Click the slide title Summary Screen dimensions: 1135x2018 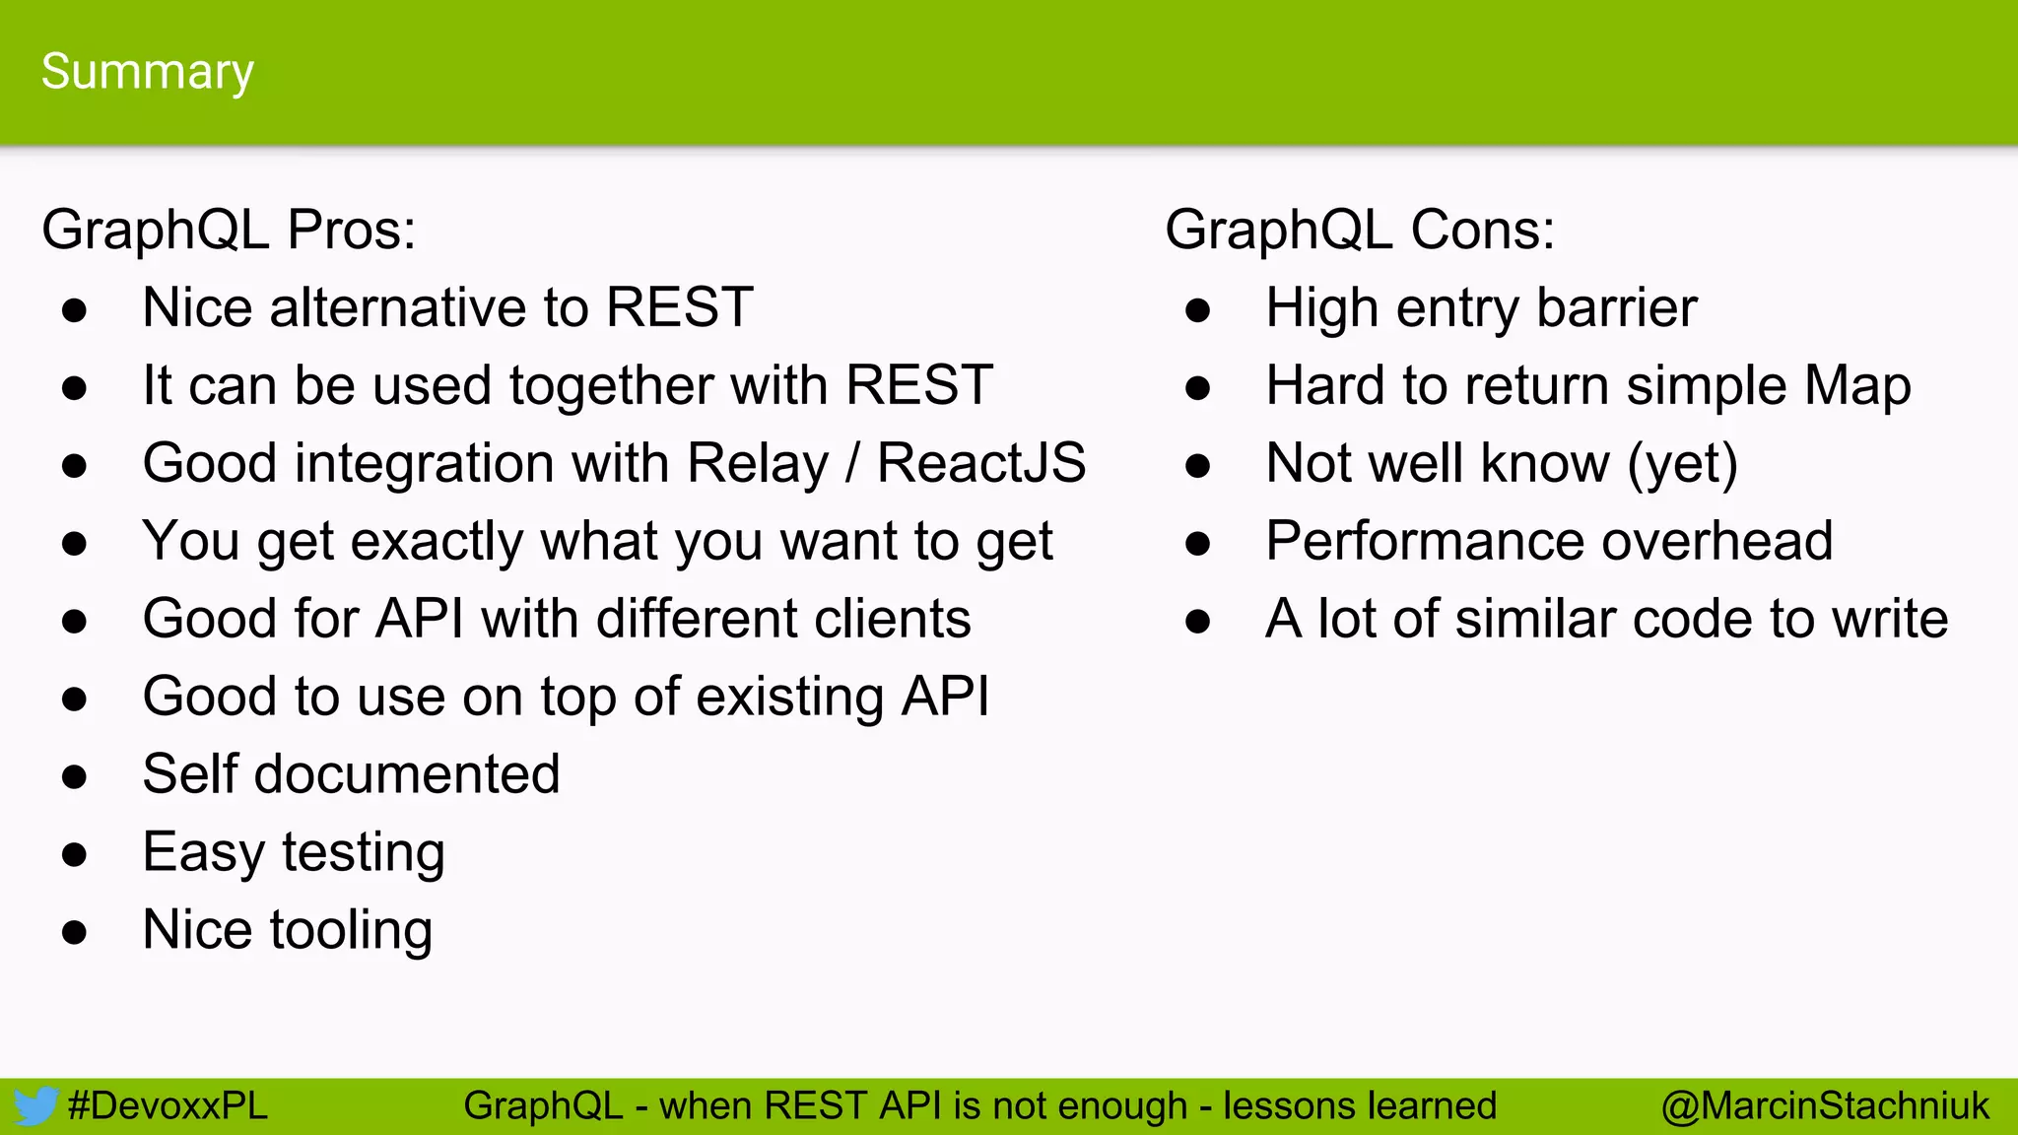coord(148,72)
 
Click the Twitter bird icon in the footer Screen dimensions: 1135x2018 coord(35,1106)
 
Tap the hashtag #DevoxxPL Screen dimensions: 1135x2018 coord(168,1106)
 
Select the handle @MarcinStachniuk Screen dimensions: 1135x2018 coord(1825,1106)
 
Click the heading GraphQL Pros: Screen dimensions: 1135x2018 coord(229,230)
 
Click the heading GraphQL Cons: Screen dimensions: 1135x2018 coord(1360,230)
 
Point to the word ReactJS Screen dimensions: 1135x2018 coord(981,463)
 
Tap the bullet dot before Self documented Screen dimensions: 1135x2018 coord(74,776)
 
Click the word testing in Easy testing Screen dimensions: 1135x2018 coord(364,853)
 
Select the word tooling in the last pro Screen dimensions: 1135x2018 coord(352,931)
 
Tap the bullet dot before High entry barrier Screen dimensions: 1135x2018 coord(1197,310)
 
